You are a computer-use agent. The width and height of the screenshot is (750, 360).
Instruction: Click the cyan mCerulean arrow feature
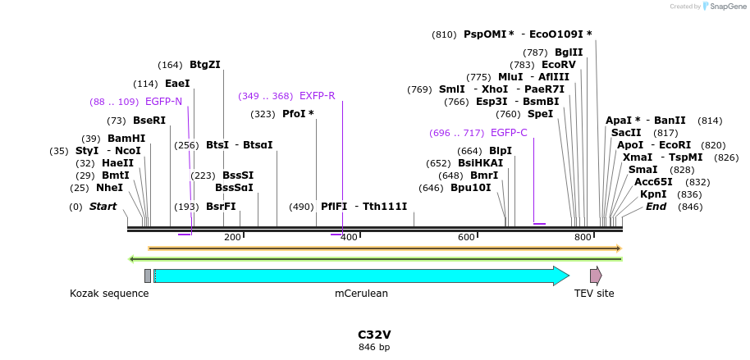[x=361, y=276]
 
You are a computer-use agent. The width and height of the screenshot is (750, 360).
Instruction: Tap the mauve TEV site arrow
[x=596, y=276]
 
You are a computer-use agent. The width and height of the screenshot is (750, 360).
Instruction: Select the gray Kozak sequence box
[x=148, y=276]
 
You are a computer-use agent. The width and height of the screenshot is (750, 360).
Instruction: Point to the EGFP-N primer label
[x=163, y=102]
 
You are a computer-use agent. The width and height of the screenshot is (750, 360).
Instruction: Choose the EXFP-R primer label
[x=317, y=96]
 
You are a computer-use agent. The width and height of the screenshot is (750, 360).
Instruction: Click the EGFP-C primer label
[x=509, y=133]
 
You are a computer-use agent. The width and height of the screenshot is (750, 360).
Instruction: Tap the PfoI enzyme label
[x=298, y=114]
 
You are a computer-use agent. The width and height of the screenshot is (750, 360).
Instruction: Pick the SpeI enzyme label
[x=540, y=114]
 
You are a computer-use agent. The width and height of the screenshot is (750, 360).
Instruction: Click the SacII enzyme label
[x=626, y=133]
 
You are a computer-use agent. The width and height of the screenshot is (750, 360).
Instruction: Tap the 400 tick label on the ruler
[x=350, y=237]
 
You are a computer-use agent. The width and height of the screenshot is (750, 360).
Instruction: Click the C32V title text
[x=374, y=335]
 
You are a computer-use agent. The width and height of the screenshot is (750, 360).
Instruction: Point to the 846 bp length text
[x=374, y=348]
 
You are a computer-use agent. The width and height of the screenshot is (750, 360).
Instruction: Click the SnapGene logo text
[x=725, y=7]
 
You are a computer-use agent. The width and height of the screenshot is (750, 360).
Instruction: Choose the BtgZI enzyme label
[x=205, y=65]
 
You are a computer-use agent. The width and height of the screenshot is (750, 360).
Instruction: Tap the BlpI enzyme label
[x=501, y=151]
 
